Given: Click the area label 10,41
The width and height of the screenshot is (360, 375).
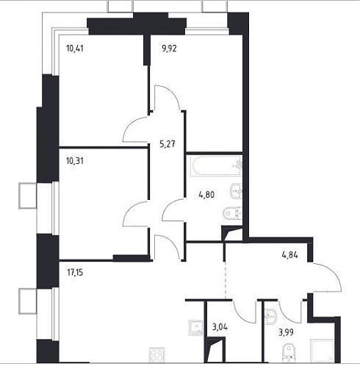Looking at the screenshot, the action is coord(75,49).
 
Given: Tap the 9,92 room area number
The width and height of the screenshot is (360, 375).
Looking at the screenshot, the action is coord(169,49).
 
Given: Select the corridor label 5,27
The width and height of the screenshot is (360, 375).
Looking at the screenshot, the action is coord(168,143).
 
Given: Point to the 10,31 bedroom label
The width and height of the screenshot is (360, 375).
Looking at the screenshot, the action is coord(75,161).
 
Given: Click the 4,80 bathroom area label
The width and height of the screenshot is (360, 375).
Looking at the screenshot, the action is coord(206,195).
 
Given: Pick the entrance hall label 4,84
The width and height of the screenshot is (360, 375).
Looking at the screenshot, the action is coord(289,255).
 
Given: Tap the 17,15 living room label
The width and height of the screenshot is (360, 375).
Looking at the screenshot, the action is coord(75,272).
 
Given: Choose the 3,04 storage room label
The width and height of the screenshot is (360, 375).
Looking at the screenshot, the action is coord(220,326).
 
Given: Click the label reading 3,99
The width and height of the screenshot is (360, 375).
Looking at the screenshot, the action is coord(286,332).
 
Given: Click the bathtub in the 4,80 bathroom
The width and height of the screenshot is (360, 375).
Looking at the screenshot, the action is coord(215,167).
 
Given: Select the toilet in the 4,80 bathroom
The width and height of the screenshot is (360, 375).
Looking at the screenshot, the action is coord(233,213).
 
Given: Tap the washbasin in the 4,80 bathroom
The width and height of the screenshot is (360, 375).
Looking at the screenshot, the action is coord(236,191).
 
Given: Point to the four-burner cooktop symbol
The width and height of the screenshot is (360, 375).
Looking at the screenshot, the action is coord(157,354).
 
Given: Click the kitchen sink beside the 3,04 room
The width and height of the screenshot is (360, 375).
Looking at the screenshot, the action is coord(195,328).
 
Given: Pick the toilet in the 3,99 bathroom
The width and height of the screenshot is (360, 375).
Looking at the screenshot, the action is coord(289,352).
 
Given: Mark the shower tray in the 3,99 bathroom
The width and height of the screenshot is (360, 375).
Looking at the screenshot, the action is coord(322,351).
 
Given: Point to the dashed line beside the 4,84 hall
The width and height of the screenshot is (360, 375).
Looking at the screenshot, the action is coord(226,280).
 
